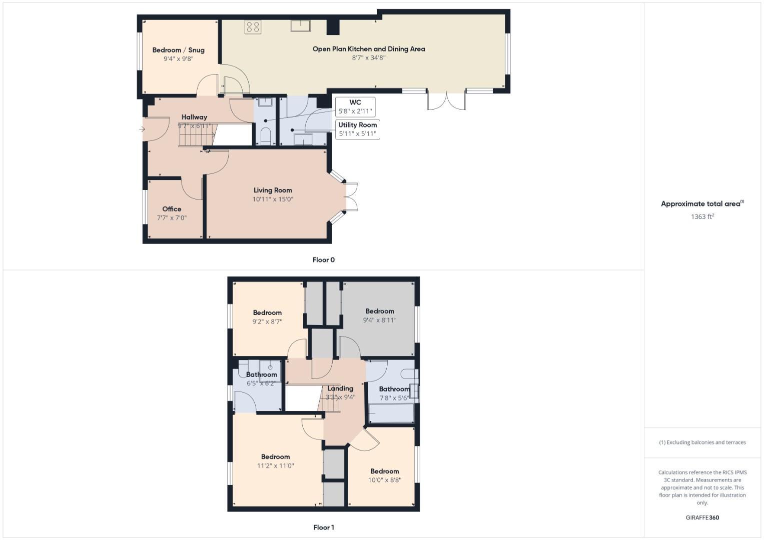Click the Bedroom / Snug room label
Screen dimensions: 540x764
[x=178, y=50]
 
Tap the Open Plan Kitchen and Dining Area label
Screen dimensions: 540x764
[x=369, y=49]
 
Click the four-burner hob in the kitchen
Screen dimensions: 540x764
[x=253, y=26]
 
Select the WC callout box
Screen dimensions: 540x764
[x=355, y=106]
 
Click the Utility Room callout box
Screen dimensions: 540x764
[x=357, y=129]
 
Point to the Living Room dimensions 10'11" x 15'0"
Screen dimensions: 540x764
[x=273, y=199]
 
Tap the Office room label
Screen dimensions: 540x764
[x=172, y=209]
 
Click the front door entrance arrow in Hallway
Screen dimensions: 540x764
[x=142, y=129]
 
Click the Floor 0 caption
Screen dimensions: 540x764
[x=323, y=260]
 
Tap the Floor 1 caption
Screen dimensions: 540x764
[x=323, y=527]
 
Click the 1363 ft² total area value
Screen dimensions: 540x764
[x=702, y=216]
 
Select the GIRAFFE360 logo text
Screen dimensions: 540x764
[x=702, y=517]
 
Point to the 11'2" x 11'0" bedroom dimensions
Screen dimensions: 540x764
[x=275, y=465]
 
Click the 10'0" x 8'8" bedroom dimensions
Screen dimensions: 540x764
[x=384, y=480]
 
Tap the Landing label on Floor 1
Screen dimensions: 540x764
[x=340, y=388]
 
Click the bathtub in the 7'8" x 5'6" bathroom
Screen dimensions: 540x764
[x=391, y=413]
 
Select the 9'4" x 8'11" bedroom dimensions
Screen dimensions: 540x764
[x=379, y=320]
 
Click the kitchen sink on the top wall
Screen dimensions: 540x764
[x=301, y=25]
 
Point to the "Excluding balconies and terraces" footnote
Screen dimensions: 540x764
[x=702, y=442]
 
